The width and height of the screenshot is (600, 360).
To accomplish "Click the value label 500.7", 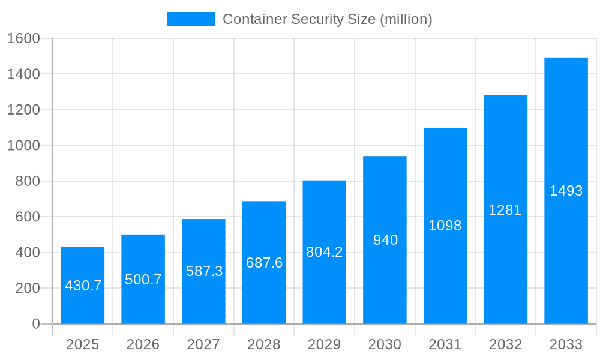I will (143, 280).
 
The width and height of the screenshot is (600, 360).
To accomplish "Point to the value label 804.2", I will (324, 252).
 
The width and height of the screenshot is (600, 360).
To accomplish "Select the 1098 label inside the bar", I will (445, 226).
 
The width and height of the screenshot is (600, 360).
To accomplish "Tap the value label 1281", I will (505, 210).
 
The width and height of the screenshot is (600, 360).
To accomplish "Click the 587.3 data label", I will (204, 271).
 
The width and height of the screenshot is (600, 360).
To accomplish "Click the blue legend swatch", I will (191, 19).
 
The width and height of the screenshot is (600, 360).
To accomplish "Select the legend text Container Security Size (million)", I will (327, 19).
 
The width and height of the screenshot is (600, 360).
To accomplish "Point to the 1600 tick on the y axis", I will (23, 38).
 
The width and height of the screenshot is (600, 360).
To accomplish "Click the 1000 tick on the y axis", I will (23, 146).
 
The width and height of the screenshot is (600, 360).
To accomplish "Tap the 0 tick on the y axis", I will (35, 324).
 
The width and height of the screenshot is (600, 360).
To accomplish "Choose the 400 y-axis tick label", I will (27, 253).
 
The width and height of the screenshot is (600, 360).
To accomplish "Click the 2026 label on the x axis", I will (143, 344).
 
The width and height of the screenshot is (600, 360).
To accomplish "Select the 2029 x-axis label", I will (324, 344).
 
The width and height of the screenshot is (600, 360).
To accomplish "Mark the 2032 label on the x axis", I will (505, 344).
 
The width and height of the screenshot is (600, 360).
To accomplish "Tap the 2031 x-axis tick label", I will (445, 344).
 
